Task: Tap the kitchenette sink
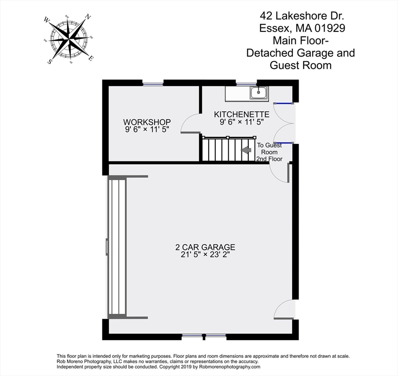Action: [x=258, y=92]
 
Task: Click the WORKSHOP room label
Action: [x=147, y=122]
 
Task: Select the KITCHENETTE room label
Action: [x=242, y=114]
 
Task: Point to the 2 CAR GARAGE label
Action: [x=206, y=247]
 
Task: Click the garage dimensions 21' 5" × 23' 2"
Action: [x=206, y=255]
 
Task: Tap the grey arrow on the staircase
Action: [x=247, y=150]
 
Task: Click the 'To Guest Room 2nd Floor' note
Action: [x=270, y=152]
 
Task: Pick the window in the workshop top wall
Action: [x=153, y=84]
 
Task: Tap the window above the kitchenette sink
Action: [x=246, y=84]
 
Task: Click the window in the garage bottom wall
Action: [x=205, y=336]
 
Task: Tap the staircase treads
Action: [x=225, y=150]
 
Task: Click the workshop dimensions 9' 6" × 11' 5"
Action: [x=147, y=130]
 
